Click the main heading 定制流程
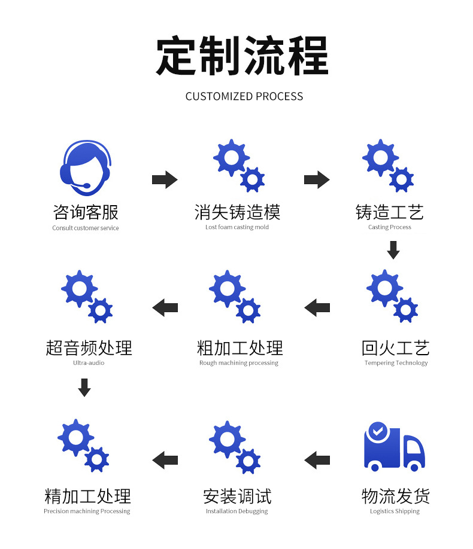(242, 56)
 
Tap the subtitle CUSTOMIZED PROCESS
(244, 96)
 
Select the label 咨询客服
(86, 212)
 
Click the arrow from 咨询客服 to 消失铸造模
(165, 179)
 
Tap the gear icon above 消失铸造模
(238, 166)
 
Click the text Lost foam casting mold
(237, 227)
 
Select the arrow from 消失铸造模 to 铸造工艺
(317, 179)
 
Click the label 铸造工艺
(389, 212)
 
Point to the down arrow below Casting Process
(393, 250)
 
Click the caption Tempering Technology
(396, 363)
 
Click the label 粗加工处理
(239, 348)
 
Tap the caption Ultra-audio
(89, 363)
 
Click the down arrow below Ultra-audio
(84, 388)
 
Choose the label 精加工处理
(87, 496)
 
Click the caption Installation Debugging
(237, 511)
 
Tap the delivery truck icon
(394, 447)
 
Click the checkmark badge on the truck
(377, 430)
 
